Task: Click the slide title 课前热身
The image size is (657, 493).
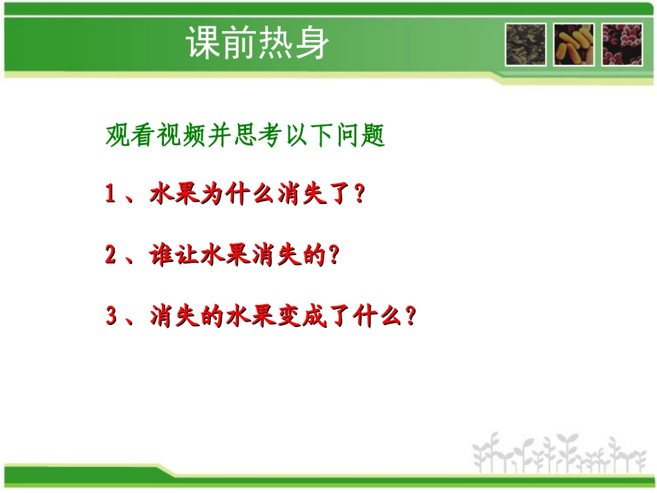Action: coord(257,43)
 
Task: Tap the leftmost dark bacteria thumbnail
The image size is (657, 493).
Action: coord(526,44)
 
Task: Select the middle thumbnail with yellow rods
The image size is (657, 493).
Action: coord(573,44)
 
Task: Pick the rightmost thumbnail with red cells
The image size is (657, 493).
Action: coord(622,44)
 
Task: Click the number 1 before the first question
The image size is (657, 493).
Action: coord(111,195)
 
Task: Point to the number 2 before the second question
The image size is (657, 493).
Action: coord(111,256)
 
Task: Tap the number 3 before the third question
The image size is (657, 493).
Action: coord(111,317)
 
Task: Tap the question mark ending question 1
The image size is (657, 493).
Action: coord(358,195)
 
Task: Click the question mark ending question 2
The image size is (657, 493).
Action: coord(336,257)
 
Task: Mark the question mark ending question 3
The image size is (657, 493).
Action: coord(410,318)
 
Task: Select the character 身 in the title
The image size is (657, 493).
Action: coord(311,43)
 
